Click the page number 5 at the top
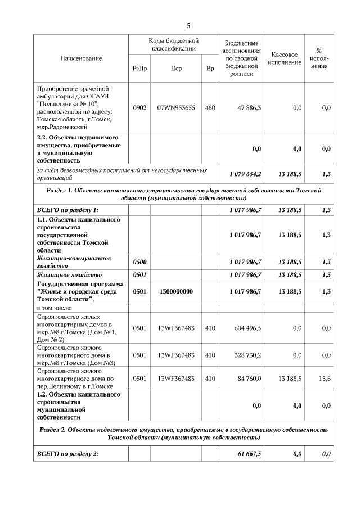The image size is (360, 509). [x=188, y=25]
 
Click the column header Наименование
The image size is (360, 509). [x=82, y=58]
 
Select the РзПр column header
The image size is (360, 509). [x=139, y=69]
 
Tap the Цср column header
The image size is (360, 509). [x=176, y=69]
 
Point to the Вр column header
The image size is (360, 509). [x=210, y=69]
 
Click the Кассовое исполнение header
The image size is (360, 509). [x=284, y=58]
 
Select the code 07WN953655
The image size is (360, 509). [x=176, y=107]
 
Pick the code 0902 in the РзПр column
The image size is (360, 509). [x=139, y=107]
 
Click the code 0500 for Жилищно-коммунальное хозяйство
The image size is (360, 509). [x=139, y=262]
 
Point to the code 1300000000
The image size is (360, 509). [x=176, y=291]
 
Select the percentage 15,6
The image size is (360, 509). [x=325, y=379]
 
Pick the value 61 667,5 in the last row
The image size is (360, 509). [x=250, y=454]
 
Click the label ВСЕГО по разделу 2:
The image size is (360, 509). [x=67, y=454]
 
